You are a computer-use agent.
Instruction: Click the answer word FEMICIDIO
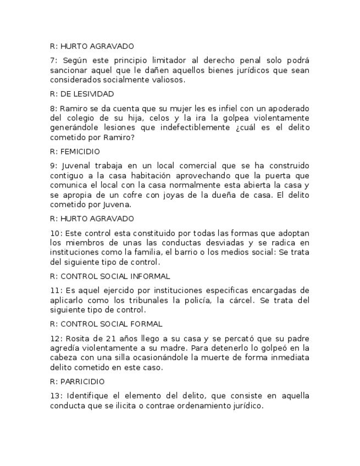(82, 152)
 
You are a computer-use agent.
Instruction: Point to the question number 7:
(53, 60)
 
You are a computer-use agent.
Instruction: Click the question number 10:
(56, 234)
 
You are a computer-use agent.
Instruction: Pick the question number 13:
(56, 396)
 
